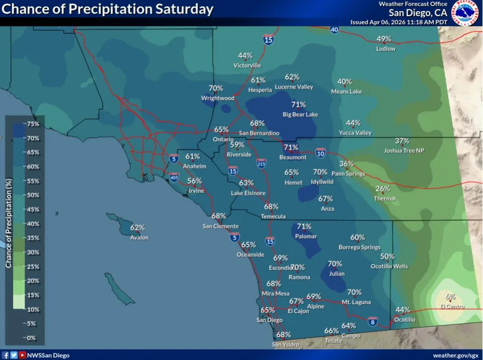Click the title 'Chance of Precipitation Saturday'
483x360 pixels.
[108, 9]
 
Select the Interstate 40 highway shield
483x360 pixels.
[335, 30]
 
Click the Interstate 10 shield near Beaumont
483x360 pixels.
[320, 152]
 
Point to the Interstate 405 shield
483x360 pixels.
[174, 177]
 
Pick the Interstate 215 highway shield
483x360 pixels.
[261, 163]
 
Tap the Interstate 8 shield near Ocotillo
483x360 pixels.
[373, 321]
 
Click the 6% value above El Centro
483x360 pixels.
[450, 297]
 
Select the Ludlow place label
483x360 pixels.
[386, 49]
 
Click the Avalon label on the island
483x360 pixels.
[139, 237]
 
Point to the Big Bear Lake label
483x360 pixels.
[300, 115]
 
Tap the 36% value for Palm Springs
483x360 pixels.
[346, 164]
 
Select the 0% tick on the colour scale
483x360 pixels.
[32, 337]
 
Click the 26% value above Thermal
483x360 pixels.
[383, 189]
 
